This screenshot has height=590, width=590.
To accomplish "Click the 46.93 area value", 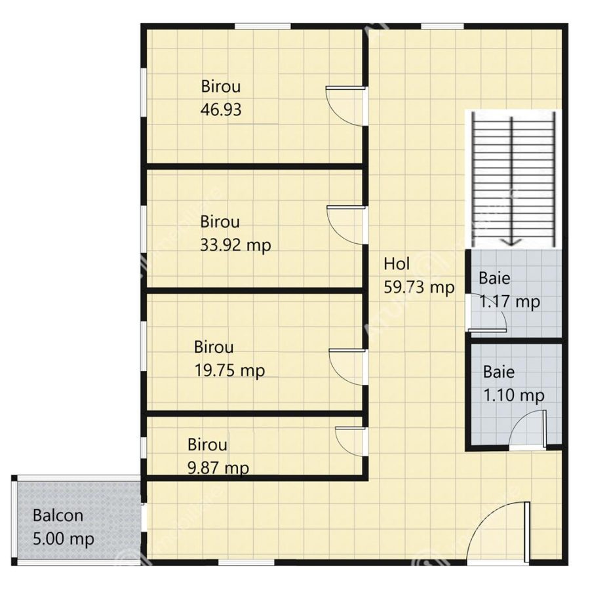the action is (221, 110).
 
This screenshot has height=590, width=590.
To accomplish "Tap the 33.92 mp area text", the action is (235, 246).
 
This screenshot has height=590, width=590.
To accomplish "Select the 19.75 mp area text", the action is (229, 371).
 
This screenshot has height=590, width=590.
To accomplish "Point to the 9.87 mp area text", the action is (218, 468).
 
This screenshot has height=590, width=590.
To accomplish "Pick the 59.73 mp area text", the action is (419, 288).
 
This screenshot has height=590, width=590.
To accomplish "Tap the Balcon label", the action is (58, 515).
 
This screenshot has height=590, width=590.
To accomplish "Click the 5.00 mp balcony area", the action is (63, 540).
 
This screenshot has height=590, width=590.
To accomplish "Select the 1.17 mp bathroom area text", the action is (510, 302).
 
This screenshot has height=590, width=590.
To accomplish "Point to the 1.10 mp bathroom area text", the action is (513, 395).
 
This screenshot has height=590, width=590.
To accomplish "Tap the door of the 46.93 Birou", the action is (345, 106).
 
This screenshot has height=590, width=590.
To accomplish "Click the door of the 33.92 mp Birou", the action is (347, 225).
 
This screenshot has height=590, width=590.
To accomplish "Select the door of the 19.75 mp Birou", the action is (348, 367).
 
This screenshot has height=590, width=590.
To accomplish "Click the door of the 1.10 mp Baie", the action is (528, 430).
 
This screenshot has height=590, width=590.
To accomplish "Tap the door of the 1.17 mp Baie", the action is (486, 313).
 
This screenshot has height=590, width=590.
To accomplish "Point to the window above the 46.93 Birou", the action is (263, 26).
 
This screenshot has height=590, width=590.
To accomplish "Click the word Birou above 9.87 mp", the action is (207, 444).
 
